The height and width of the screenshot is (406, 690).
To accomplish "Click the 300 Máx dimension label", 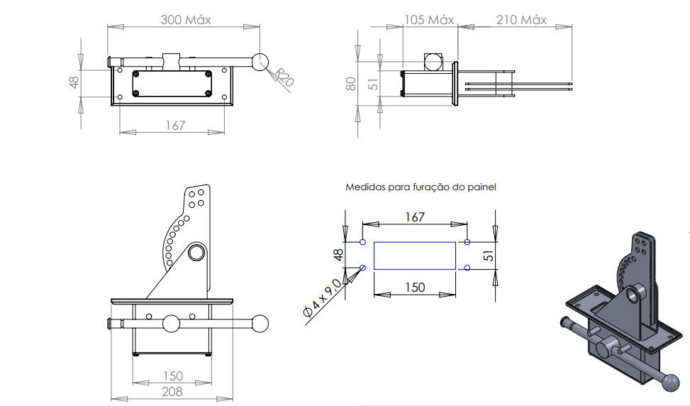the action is [x=186, y=20].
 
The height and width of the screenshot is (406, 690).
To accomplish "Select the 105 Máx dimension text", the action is [x=429, y=20].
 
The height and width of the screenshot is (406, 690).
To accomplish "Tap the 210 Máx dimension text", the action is [x=521, y=20].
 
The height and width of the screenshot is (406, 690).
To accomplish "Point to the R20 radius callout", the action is [x=283, y=77].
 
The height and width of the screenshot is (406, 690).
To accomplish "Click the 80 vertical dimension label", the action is [x=351, y=84].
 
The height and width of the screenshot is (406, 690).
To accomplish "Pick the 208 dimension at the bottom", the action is [x=172, y=392].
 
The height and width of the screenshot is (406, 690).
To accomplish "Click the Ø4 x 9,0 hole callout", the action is [x=322, y=298].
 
